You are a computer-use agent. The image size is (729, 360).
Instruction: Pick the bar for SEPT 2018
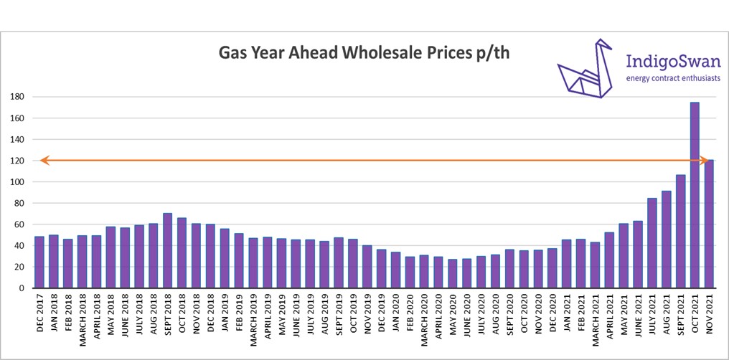167,250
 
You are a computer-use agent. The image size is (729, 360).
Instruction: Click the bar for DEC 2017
39,262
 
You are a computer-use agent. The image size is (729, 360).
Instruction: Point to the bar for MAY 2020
452,273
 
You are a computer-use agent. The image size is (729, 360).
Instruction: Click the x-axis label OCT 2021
695,313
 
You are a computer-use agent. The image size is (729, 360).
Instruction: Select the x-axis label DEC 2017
40,313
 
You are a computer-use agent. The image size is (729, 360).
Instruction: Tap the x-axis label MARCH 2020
425,318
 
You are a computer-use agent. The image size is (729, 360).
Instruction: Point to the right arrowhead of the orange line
707,161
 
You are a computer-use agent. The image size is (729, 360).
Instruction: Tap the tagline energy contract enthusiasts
673,77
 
